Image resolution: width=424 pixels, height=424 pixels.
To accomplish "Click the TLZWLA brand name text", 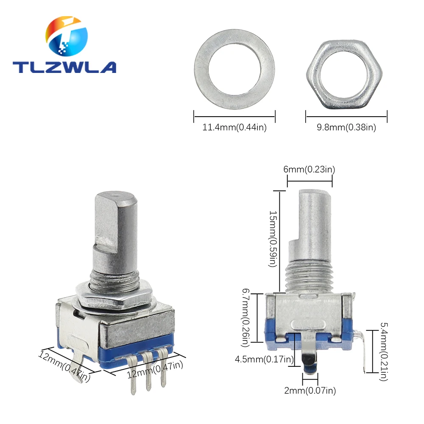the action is [x=64, y=67].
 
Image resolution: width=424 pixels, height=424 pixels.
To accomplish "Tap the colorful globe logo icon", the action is [x=67, y=36].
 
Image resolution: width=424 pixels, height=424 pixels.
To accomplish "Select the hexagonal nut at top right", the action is [x=344, y=74].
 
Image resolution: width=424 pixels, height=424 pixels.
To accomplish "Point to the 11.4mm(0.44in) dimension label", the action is [x=234, y=127].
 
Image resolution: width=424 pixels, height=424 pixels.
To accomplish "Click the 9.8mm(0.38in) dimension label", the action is [x=346, y=127].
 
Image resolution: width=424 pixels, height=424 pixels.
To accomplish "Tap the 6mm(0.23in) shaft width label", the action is [x=309, y=170].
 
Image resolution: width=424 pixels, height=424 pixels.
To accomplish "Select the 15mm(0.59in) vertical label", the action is [x=273, y=239].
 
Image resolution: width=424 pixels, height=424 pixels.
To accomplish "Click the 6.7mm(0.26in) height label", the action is [x=245, y=318].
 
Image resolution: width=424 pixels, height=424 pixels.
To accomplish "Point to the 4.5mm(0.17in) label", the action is [x=264, y=360].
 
